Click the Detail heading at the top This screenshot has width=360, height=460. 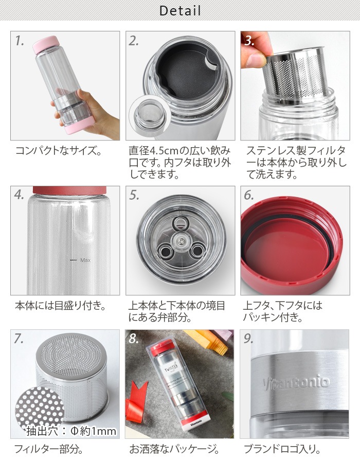pos(180,10)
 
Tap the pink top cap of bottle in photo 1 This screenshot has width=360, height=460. pos(47,45)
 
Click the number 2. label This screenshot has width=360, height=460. pos(134,41)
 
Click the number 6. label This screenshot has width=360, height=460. pos(249,196)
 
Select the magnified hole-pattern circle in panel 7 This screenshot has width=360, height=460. pos(35,406)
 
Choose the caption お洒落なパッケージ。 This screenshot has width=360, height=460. pos(173,448)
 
